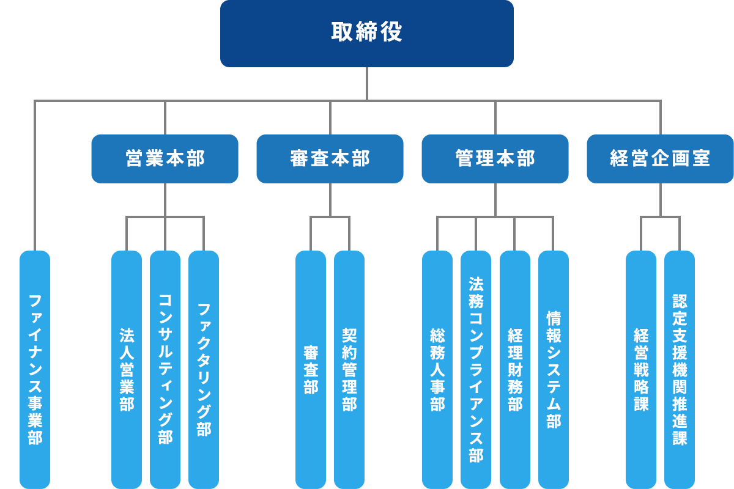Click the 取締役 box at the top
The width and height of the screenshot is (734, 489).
(367, 33)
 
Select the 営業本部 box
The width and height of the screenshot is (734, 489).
(165, 159)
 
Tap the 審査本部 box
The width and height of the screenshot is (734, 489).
(330, 159)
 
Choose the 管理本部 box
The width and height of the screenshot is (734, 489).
(495, 159)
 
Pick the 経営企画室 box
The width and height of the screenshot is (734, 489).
(660, 159)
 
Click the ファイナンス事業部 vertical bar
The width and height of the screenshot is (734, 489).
(35, 367)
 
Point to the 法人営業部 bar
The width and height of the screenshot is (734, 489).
(127, 367)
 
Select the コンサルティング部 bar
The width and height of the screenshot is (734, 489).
(165, 367)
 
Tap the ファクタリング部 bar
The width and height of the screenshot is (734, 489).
(204, 367)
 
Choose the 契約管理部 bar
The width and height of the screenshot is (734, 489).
(349, 367)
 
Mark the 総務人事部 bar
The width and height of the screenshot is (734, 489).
(437, 367)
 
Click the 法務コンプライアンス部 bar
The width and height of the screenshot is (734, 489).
(476, 367)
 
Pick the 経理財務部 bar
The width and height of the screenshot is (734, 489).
(514, 367)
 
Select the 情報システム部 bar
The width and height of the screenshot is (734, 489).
(553, 367)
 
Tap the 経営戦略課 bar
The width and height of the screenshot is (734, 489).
(641, 367)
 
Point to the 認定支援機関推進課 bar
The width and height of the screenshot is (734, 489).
(680, 367)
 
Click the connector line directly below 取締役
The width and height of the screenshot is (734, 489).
(367, 83)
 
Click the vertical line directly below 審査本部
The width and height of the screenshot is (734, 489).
(330, 199)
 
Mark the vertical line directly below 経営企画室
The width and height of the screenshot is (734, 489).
(661, 199)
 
